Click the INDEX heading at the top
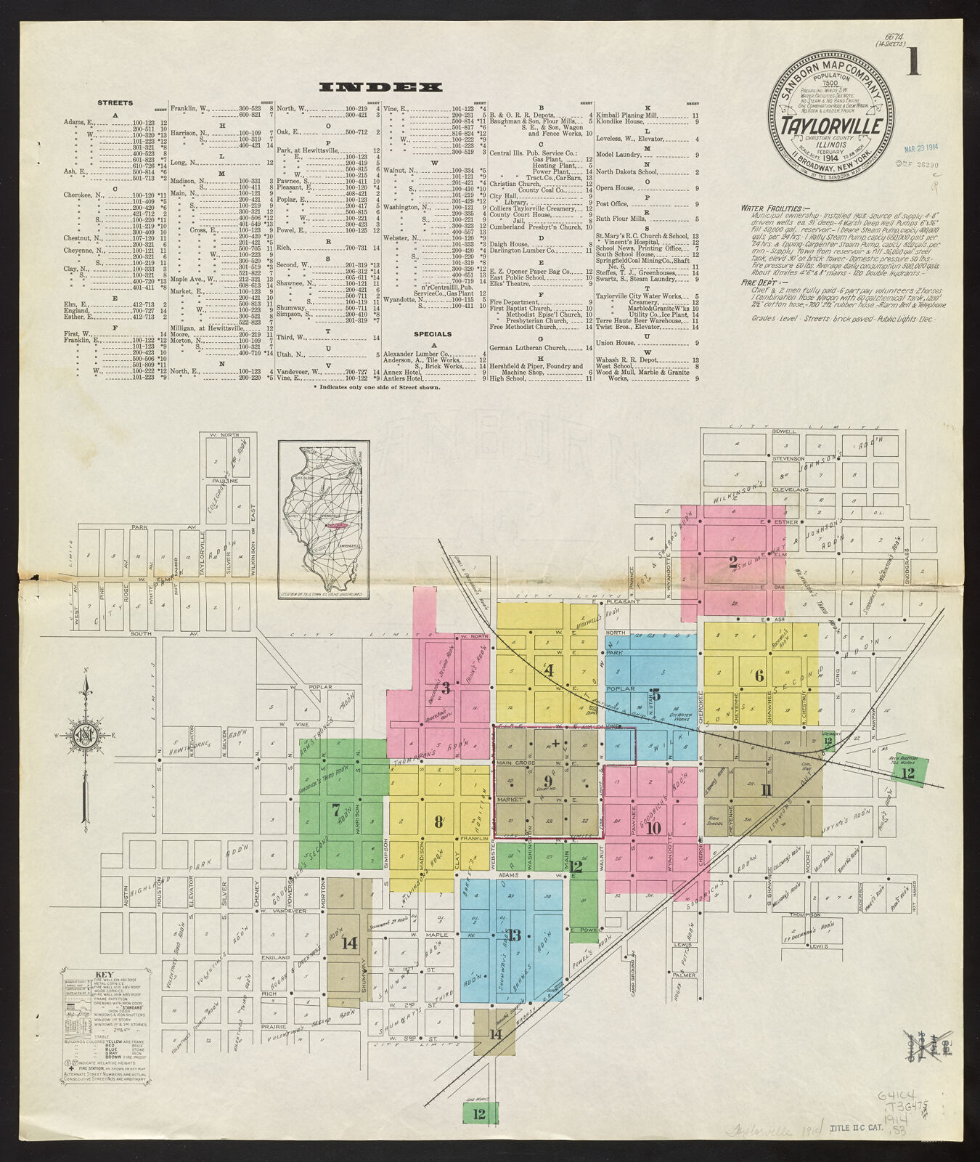point(380,87)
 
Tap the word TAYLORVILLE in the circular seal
point(831,126)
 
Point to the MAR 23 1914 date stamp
point(921,151)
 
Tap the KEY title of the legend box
point(105,975)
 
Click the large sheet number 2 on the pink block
point(733,561)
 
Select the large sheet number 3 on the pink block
point(446,688)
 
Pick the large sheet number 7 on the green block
point(335,807)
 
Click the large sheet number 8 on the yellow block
point(438,821)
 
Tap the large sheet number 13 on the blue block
point(514,935)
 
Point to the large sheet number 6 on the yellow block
point(759,675)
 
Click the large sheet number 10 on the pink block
point(653,826)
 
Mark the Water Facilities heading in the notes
point(768,208)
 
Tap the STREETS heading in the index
point(115,104)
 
